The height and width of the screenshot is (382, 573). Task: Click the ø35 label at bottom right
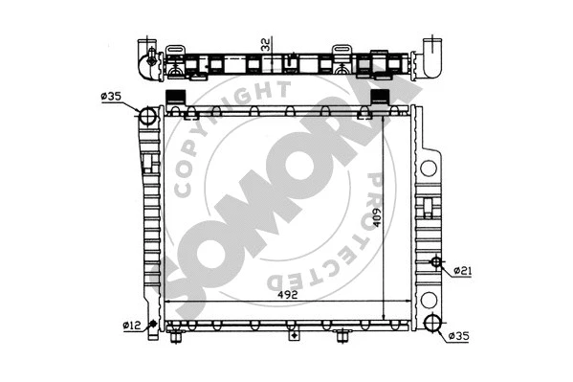click(459, 336)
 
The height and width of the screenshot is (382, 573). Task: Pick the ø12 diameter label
click(130, 325)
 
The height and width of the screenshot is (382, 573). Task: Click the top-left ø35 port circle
click(148, 118)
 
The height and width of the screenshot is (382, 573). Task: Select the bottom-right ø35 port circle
click(432, 324)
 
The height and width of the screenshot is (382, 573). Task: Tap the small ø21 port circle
click(435, 261)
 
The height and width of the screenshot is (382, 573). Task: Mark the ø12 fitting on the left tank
click(152, 326)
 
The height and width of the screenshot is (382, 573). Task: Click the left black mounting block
click(176, 97)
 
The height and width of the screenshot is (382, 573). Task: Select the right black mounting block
click(379, 97)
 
